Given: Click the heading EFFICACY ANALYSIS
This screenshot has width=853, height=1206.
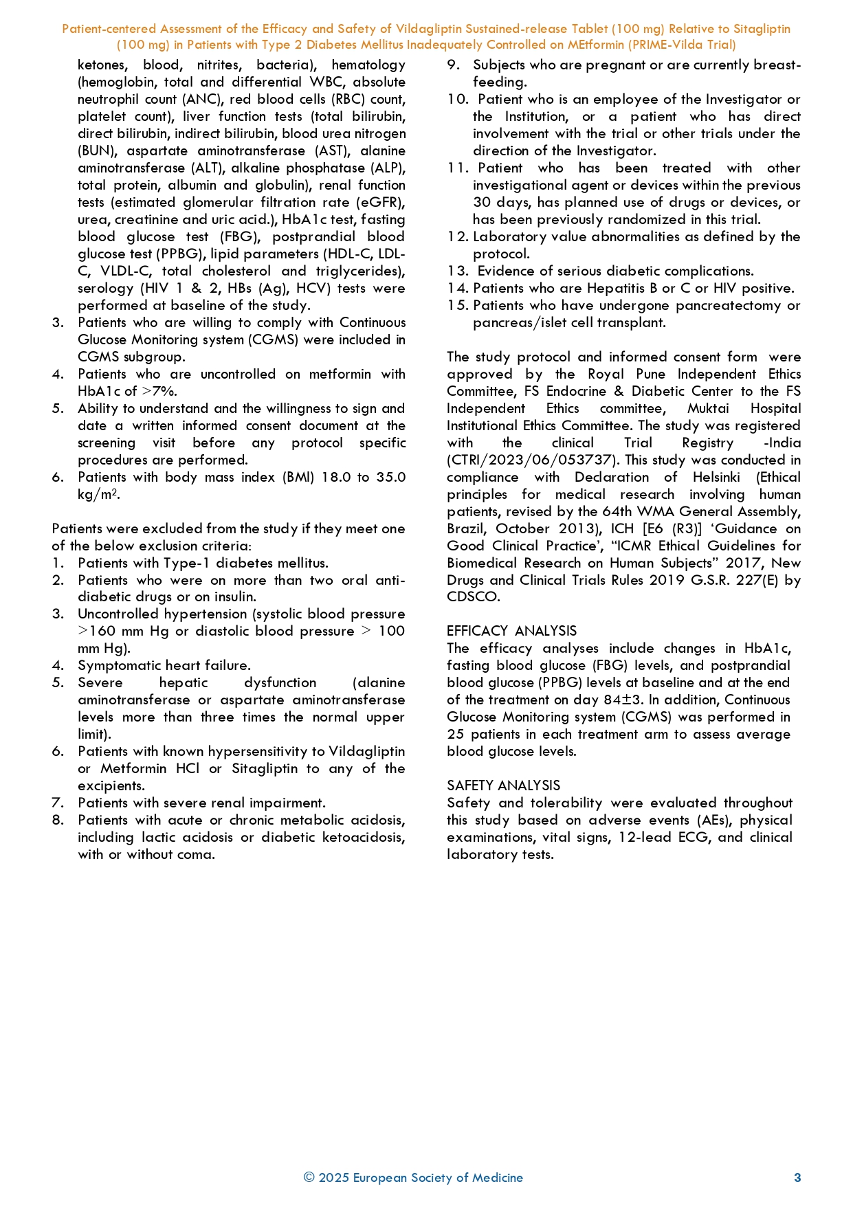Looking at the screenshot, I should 511,631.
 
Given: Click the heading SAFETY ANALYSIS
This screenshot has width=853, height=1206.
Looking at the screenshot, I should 503,785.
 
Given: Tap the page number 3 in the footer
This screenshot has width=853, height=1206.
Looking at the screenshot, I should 797,1178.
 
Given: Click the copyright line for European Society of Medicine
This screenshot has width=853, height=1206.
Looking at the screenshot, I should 413,1178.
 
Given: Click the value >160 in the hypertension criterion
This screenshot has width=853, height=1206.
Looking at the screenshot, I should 97,631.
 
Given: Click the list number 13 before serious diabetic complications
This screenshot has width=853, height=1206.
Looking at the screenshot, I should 457,271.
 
